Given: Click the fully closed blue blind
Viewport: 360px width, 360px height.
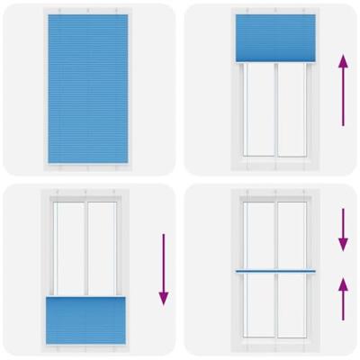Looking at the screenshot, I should pyautogui.click(x=87, y=88).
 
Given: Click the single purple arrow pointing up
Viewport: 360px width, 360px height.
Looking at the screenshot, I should pyautogui.click(x=342, y=89).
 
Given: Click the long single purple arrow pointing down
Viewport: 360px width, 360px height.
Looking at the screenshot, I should pyautogui.click(x=163, y=269).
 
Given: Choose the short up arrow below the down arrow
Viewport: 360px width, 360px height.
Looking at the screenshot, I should pyautogui.click(x=342, y=296).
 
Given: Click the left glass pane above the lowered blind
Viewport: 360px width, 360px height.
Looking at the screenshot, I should pyautogui.click(x=70, y=247).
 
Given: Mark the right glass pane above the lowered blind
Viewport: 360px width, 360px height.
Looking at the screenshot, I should pyautogui.click(x=104, y=247).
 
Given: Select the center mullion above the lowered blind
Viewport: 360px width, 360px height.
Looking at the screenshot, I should pyautogui.click(x=87, y=247).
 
